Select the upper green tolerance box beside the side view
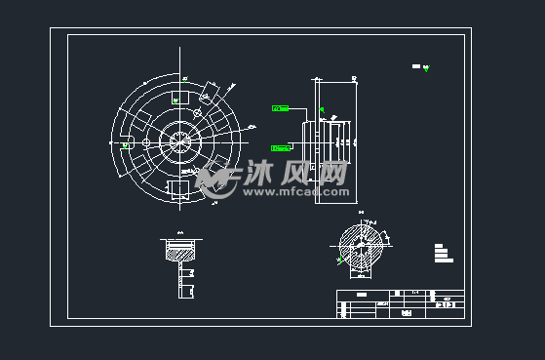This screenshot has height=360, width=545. pyautogui.click(x=280, y=107)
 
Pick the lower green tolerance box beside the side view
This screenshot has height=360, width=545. pyautogui.click(x=280, y=148)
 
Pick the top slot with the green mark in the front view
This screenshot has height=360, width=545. pyautogui.click(x=179, y=98)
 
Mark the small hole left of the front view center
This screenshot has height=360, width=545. pyautogui.click(x=146, y=142)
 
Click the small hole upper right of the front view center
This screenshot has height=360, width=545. pyautogui.click(x=199, y=115)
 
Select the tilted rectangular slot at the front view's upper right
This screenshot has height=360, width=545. pyautogui.click(x=211, y=93)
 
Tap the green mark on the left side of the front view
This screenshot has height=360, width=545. pyautogui.click(x=127, y=144)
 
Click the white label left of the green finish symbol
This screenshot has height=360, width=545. pyautogui.click(x=416, y=66)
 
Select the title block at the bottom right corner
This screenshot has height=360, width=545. pyautogui.click(x=399, y=303)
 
